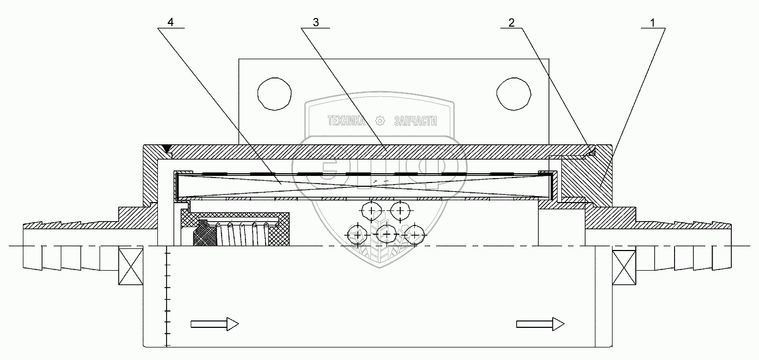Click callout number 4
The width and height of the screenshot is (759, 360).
click(x=170, y=22)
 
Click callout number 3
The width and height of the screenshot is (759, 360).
click(x=316, y=22)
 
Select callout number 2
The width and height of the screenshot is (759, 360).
click(x=511, y=23)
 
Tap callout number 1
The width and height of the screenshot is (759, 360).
click(x=652, y=23)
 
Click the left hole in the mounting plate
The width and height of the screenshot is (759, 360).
click(x=274, y=94)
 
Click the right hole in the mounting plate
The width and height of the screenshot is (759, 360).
click(x=513, y=94)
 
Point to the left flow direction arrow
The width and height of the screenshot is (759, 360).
click(x=215, y=324)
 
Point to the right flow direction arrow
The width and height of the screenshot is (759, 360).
click(x=540, y=324)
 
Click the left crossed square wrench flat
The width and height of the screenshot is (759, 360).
click(x=131, y=266)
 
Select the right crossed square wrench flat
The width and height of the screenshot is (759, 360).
click(x=624, y=267)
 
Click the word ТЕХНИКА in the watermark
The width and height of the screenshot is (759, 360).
click(x=346, y=121)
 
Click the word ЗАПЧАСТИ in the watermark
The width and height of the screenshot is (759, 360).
click(x=415, y=121)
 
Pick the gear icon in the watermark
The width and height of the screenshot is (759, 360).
click(x=380, y=121)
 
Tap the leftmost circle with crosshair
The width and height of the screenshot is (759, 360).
click(x=357, y=234)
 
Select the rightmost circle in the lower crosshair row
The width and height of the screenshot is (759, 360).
click(x=415, y=234)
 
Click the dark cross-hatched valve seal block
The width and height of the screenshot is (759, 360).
click(x=205, y=233)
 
